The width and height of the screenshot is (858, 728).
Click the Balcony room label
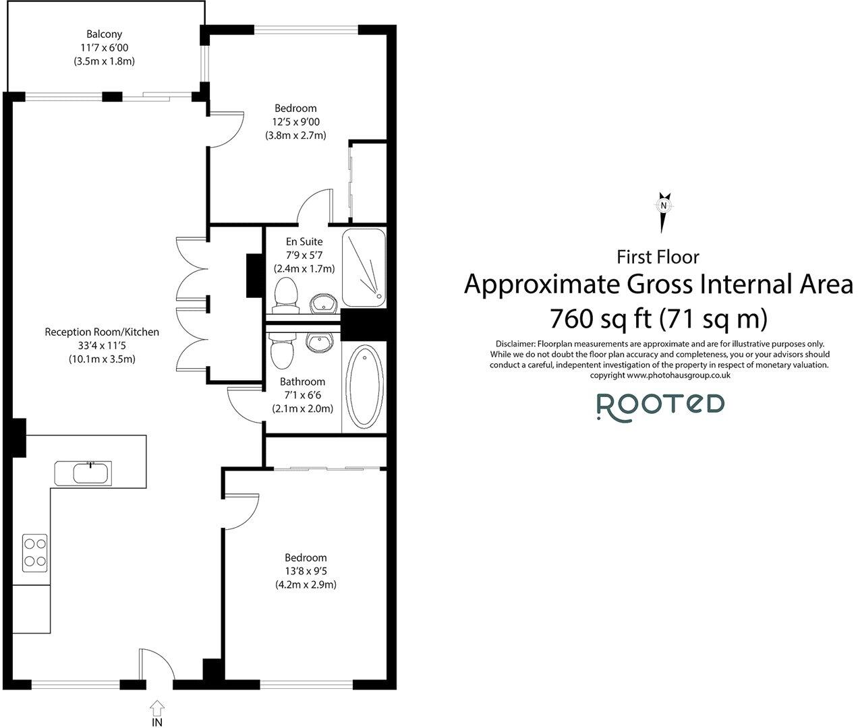pos(104,34)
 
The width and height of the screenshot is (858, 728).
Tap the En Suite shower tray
pos(364,268)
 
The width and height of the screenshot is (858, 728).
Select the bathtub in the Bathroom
pos(364,385)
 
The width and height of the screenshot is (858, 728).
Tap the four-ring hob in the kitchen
pos(35,553)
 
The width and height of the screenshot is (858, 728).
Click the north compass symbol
pos(663,212)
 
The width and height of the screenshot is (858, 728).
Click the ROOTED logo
pos(660,407)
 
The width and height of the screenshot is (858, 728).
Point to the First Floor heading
pos(658,257)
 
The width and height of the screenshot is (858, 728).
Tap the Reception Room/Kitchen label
pos(102,332)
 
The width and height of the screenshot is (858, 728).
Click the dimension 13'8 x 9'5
pos(306,571)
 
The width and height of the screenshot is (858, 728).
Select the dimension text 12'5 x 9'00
pos(296,122)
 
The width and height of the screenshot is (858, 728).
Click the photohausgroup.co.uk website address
pos(679,375)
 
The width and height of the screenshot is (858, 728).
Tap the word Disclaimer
pos(515,344)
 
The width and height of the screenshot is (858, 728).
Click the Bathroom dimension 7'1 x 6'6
pos(303,395)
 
